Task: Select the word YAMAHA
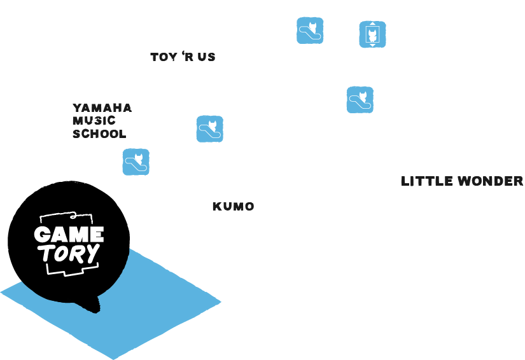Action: click(x=102, y=107)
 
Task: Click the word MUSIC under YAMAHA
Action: click(x=94, y=121)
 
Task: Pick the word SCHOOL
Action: click(x=99, y=134)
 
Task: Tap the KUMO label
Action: click(x=233, y=207)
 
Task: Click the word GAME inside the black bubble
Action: click(x=69, y=234)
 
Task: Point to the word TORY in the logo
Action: click(x=69, y=254)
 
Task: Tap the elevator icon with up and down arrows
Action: click(x=372, y=34)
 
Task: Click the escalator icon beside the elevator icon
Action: click(x=310, y=31)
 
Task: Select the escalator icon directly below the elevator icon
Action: click(x=360, y=100)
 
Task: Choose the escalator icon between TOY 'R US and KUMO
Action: click(x=209, y=129)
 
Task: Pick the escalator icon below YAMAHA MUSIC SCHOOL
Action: click(x=136, y=162)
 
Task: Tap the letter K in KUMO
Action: click(x=216, y=207)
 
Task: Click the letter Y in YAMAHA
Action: click(x=76, y=107)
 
